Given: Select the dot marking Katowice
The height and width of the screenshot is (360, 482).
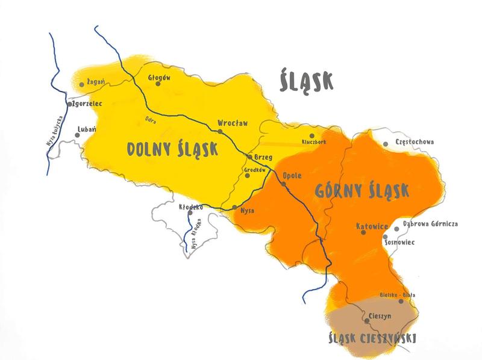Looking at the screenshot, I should (x=362, y=232).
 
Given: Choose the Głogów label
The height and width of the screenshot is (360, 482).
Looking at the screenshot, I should (x=160, y=78).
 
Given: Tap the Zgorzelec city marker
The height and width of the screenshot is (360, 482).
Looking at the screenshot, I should (x=70, y=104).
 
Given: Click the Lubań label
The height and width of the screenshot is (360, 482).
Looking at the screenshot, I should (x=87, y=129).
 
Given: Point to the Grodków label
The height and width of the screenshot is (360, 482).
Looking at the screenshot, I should (x=255, y=170).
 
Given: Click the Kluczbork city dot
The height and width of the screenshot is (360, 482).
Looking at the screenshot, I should (x=311, y=135).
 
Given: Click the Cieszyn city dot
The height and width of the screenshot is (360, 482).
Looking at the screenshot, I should (x=367, y=321).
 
